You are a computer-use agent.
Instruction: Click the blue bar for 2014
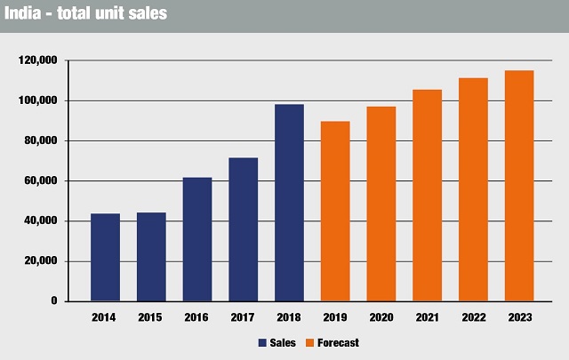(x=105, y=258)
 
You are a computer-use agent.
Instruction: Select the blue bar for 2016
(x=197, y=240)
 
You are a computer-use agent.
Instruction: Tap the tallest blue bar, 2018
(x=289, y=203)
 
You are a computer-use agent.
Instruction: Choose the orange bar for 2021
(x=428, y=196)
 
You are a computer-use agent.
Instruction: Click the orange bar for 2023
(x=519, y=186)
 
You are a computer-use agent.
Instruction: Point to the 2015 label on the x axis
(x=151, y=317)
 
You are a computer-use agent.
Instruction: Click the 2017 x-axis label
(x=243, y=317)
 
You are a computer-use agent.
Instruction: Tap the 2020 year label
(x=381, y=317)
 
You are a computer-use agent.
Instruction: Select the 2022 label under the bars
(x=473, y=317)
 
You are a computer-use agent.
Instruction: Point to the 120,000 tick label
(x=38, y=60)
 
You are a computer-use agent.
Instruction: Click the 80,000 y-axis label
(x=41, y=140)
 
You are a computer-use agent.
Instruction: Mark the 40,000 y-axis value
(x=41, y=221)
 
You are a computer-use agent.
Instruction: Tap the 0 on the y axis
(x=54, y=301)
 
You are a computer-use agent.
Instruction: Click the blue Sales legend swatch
(x=263, y=342)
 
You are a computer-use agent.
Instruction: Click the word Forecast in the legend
(x=337, y=342)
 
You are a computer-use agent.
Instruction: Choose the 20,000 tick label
(x=41, y=261)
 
